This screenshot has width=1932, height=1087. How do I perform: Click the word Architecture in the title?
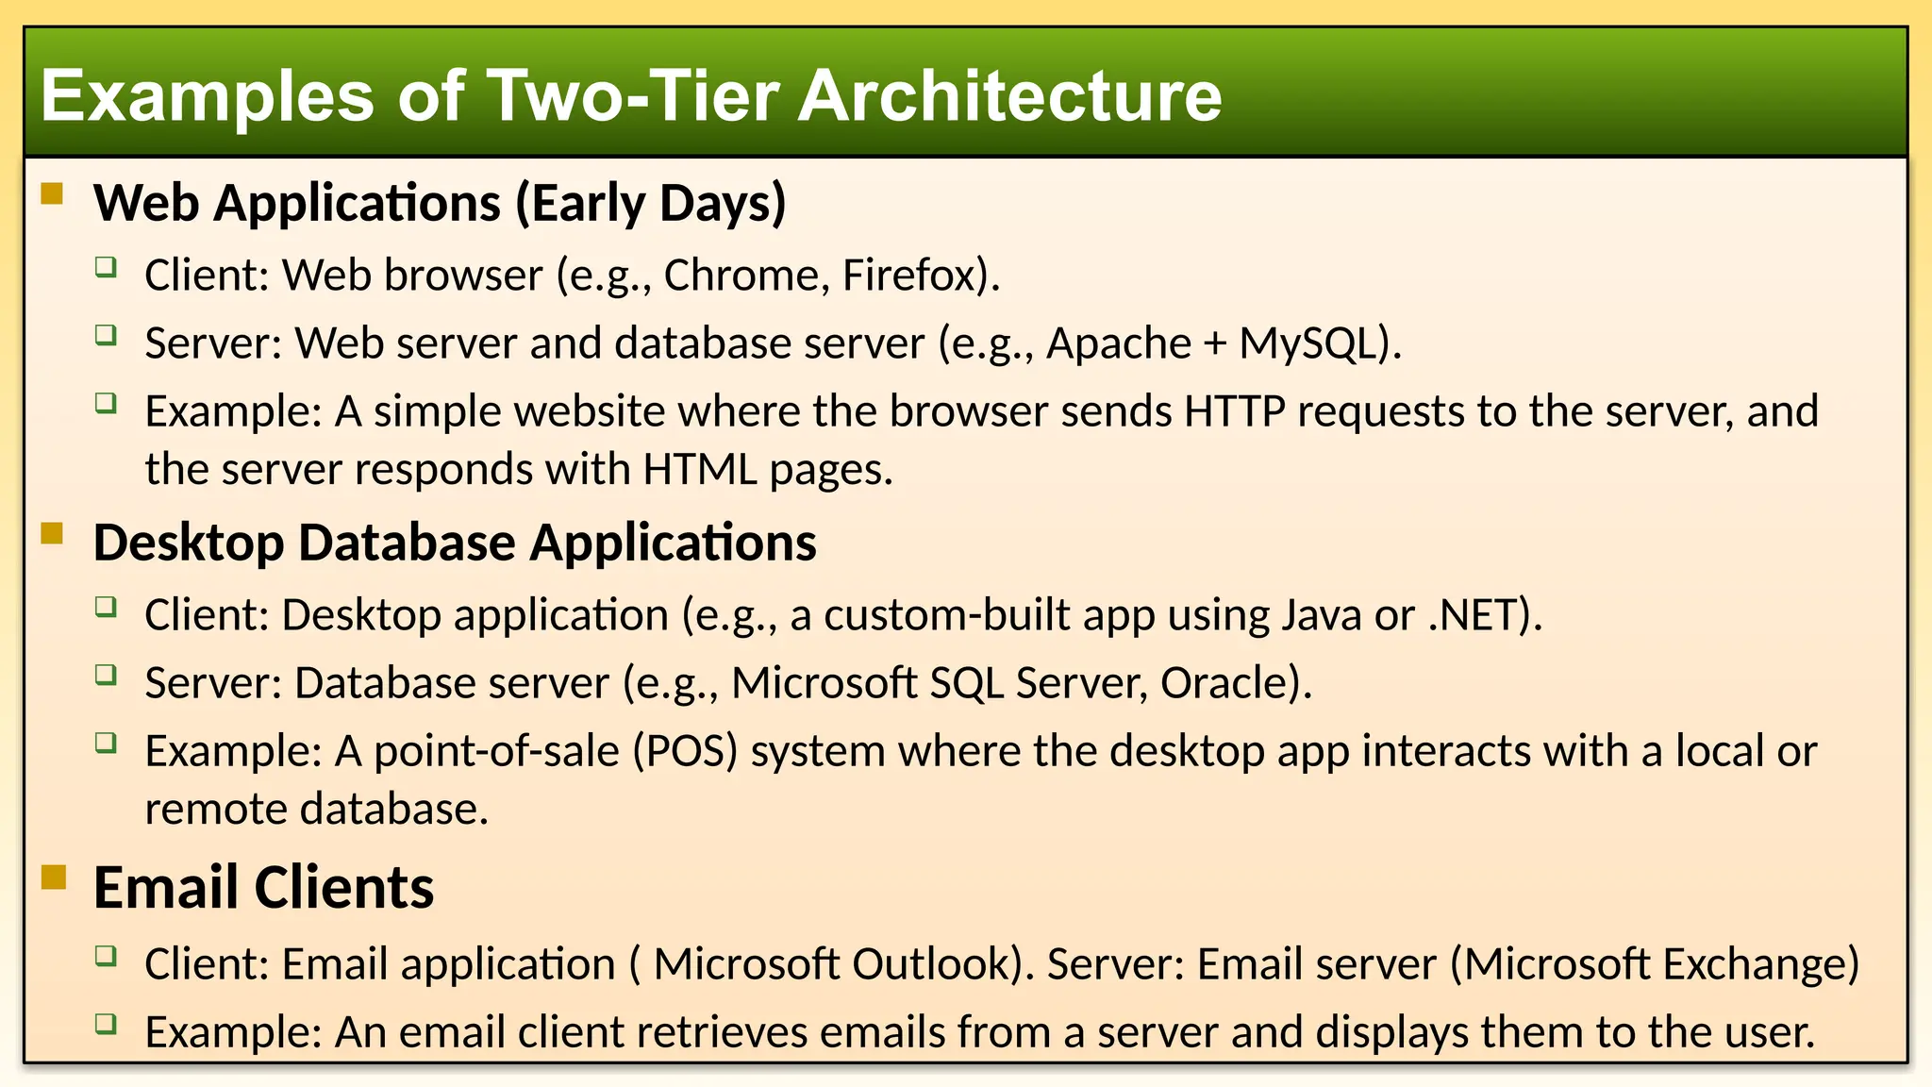[1009, 95]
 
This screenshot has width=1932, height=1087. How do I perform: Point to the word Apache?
[1118, 343]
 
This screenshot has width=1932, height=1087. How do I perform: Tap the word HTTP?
[1234, 411]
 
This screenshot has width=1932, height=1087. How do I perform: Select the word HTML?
[699, 470]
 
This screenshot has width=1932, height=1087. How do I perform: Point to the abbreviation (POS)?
[685, 751]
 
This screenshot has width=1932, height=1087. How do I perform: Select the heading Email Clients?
[263, 888]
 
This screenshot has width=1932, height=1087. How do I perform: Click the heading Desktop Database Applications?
[455, 543]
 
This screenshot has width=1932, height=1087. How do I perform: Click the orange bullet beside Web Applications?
[52, 194]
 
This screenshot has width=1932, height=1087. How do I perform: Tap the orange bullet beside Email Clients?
[54, 878]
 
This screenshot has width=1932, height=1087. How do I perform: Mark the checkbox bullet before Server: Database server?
[106, 675]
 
